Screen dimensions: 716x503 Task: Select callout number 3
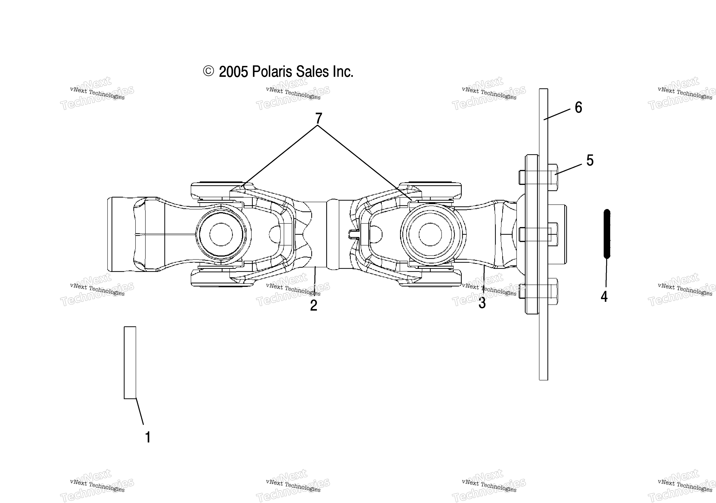point(482,303)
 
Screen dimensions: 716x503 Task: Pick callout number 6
point(578,108)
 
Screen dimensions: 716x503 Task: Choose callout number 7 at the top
point(318,118)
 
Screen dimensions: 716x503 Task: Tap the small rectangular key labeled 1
point(130,362)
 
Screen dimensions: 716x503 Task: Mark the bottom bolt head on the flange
point(553,291)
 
